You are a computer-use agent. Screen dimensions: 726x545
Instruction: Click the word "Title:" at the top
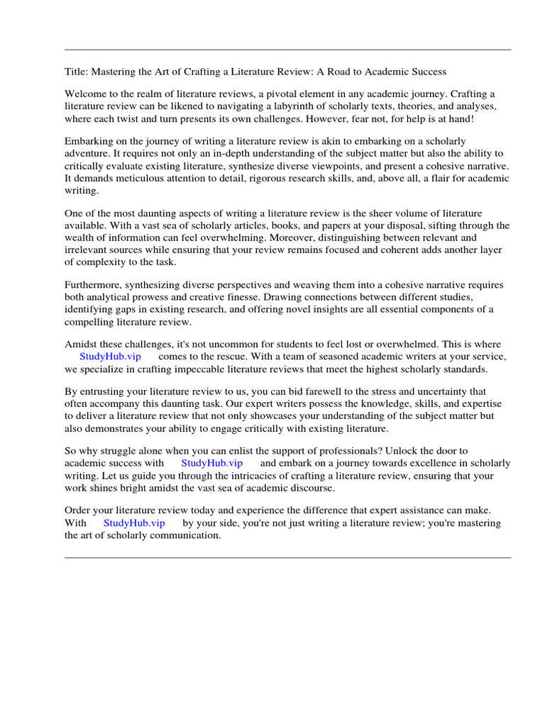(x=77, y=72)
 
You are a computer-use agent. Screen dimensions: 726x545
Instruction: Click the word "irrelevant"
(x=88, y=250)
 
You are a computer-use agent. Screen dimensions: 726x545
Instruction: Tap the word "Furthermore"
(x=92, y=285)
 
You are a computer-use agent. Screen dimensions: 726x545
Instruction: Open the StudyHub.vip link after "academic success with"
(x=212, y=464)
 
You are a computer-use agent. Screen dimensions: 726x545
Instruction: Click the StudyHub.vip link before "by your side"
(x=134, y=523)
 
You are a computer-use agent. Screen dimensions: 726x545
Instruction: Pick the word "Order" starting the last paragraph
(x=79, y=511)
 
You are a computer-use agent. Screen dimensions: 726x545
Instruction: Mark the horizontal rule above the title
(x=287, y=50)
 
